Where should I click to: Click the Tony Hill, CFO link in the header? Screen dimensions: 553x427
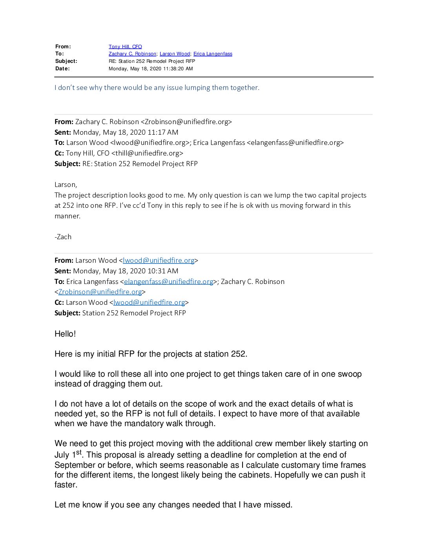tap(125, 46)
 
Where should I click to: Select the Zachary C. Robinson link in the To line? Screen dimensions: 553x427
tap(132, 54)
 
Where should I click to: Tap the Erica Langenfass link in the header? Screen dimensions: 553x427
tap(213, 54)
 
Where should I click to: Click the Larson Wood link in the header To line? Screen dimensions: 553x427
tap(175, 54)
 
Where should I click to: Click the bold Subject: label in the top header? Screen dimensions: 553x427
tap(66, 61)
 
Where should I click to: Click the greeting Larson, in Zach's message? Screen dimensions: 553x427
tap(66, 185)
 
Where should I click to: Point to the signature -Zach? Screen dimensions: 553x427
tap(63, 237)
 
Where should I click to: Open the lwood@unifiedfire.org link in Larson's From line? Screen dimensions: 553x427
tap(159, 260)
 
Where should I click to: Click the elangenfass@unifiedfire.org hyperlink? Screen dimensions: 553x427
tap(168, 282)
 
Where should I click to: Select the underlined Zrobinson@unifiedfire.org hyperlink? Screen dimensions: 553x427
tap(100, 292)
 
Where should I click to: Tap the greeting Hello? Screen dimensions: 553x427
tap(65, 334)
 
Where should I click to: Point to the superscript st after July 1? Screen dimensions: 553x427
tap(79, 452)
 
